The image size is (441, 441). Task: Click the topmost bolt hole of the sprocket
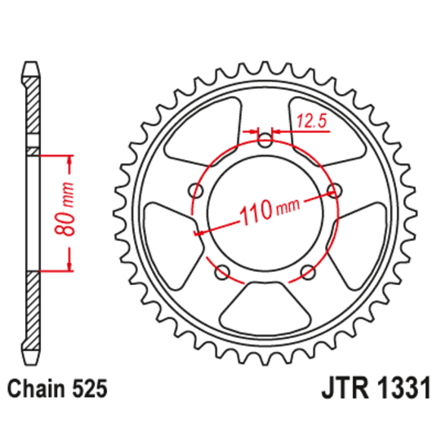[x=265, y=140]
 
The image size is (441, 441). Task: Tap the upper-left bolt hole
[x=196, y=191]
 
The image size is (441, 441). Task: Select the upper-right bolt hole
[x=333, y=191]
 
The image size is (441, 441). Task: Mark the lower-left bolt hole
[x=222, y=272]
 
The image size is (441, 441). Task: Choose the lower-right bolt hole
[x=307, y=272]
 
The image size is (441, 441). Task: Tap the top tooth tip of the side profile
[x=31, y=64]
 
